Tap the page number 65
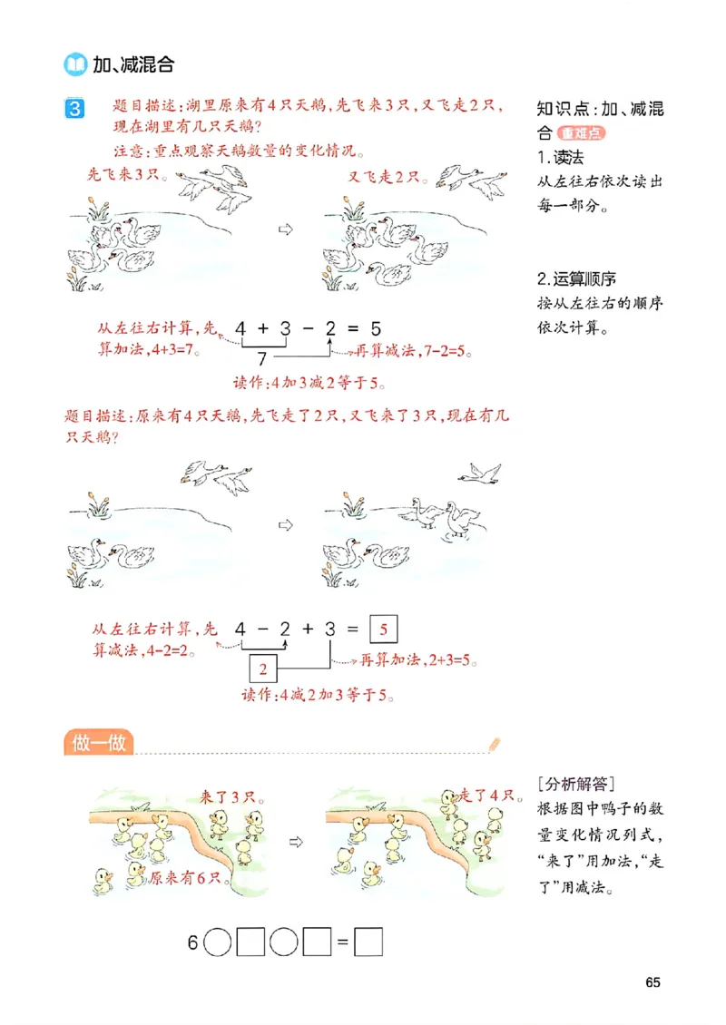(x=653, y=982)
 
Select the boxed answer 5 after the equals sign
(x=385, y=629)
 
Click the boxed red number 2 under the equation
(x=263, y=670)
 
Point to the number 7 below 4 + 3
(x=262, y=357)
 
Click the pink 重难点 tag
(x=582, y=133)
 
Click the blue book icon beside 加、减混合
(x=74, y=64)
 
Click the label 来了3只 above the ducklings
(x=232, y=797)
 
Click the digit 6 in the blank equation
(x=192, y=942)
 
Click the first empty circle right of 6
(x=218, y=942)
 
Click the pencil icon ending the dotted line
(x=494, y=744)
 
